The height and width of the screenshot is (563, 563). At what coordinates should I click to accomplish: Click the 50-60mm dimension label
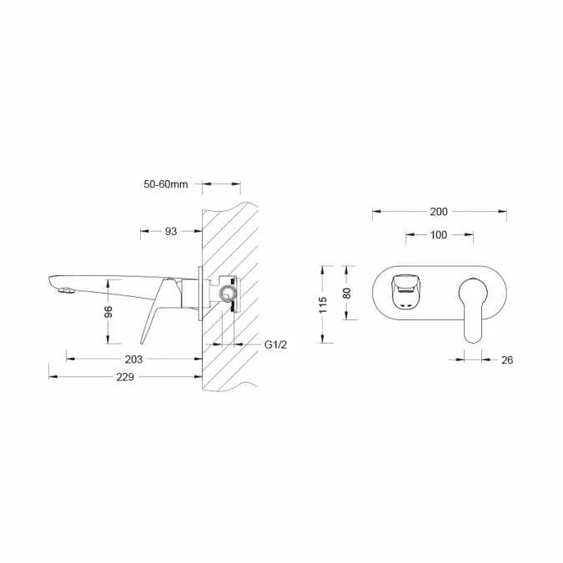pos(166,184)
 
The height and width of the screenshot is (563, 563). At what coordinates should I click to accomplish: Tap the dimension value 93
pos(171,232)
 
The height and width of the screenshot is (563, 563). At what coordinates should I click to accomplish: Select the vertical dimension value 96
pos(108,312)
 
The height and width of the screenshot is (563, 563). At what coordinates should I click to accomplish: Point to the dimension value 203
pos(133,359)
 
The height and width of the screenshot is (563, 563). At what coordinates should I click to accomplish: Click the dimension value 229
pos(125,377)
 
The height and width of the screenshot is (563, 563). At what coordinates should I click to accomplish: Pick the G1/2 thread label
pos(276,344)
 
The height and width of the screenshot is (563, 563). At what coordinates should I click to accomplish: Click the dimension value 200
pos(439,212)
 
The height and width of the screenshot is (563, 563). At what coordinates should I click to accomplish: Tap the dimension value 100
pos(439,235)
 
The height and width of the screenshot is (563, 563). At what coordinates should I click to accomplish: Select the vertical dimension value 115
pos(323,304)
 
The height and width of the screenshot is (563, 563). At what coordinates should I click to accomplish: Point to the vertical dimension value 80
pos(347,293)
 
